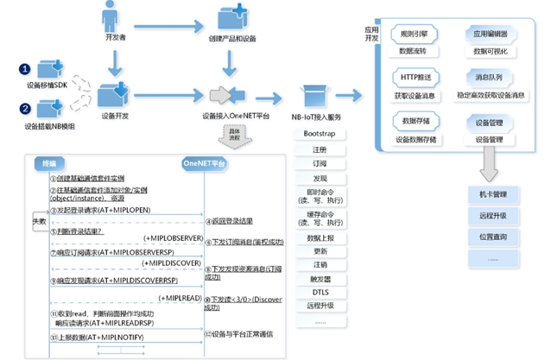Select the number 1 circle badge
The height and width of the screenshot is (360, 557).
point(26,68)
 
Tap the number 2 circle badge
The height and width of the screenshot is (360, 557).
point(26,108)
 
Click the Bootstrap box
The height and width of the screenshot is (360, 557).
point(320,134)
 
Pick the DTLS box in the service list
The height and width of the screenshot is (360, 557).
point(320,292)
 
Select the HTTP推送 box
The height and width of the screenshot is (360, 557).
point(413,77)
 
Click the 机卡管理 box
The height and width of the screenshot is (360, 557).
point(492,193)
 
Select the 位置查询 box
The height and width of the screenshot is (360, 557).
point(492,235)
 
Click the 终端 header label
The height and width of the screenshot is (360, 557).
point(49,163)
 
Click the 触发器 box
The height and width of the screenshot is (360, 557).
point(320,279)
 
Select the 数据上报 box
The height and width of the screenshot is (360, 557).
point(320,236)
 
